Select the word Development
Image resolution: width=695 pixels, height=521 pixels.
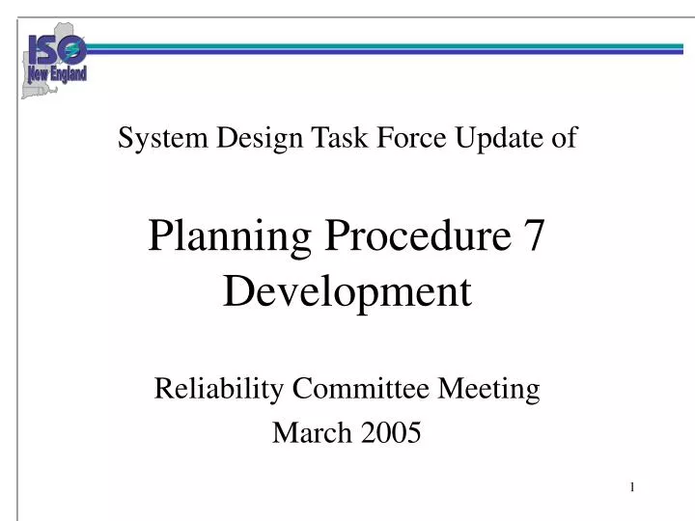(x=347, y=290)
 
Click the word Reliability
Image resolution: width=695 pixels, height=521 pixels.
(x=219, y=389)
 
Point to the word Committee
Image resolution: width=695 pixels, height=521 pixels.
(x=362, y=389)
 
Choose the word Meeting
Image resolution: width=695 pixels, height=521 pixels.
(x=489, y=389)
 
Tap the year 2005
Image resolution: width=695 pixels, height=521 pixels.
(x=392, y=433)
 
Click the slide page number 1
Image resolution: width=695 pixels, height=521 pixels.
(x=632, y=487)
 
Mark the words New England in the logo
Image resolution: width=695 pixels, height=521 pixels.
(x=56, y=73)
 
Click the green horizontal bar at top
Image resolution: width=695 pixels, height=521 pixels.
(x=386, y=44)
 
